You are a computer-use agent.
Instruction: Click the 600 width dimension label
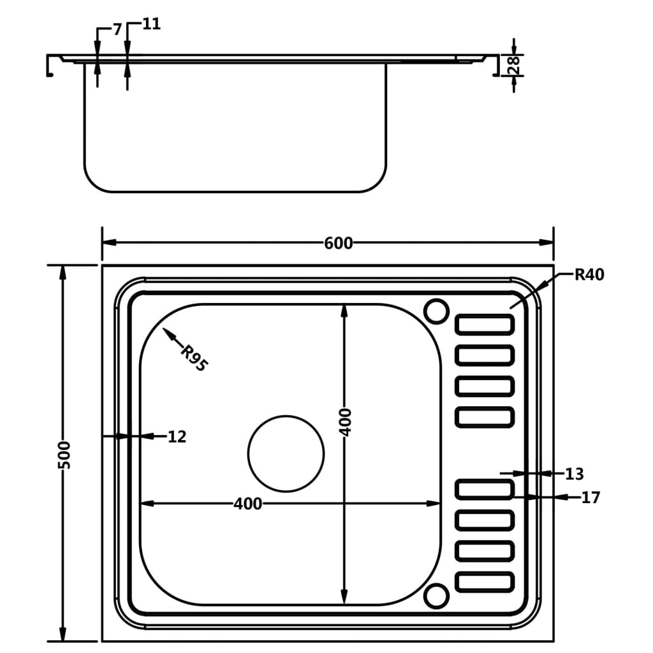pos(338,243)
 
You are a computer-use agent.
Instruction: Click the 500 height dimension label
pos(64,454)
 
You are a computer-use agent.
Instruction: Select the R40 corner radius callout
pos(589,275)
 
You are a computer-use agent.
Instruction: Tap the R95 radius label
pos(193,358)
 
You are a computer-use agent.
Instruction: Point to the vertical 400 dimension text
pos(345,422)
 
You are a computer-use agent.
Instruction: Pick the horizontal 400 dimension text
pos(247,504)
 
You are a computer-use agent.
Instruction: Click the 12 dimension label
pos(177,437)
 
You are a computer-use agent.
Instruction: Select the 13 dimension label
pos(574,474)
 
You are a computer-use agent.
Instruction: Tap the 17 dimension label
pos(591,497)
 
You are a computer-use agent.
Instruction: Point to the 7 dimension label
pos(117,29)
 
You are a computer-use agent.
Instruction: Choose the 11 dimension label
pos(151,25)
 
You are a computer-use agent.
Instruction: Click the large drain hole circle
pos(286,453)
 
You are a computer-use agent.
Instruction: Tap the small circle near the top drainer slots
pos(437,311)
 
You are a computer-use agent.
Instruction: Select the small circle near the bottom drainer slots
pos(437,595)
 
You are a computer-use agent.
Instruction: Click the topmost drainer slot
pos(485,325)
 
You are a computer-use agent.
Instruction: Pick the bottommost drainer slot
pos(485,582)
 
